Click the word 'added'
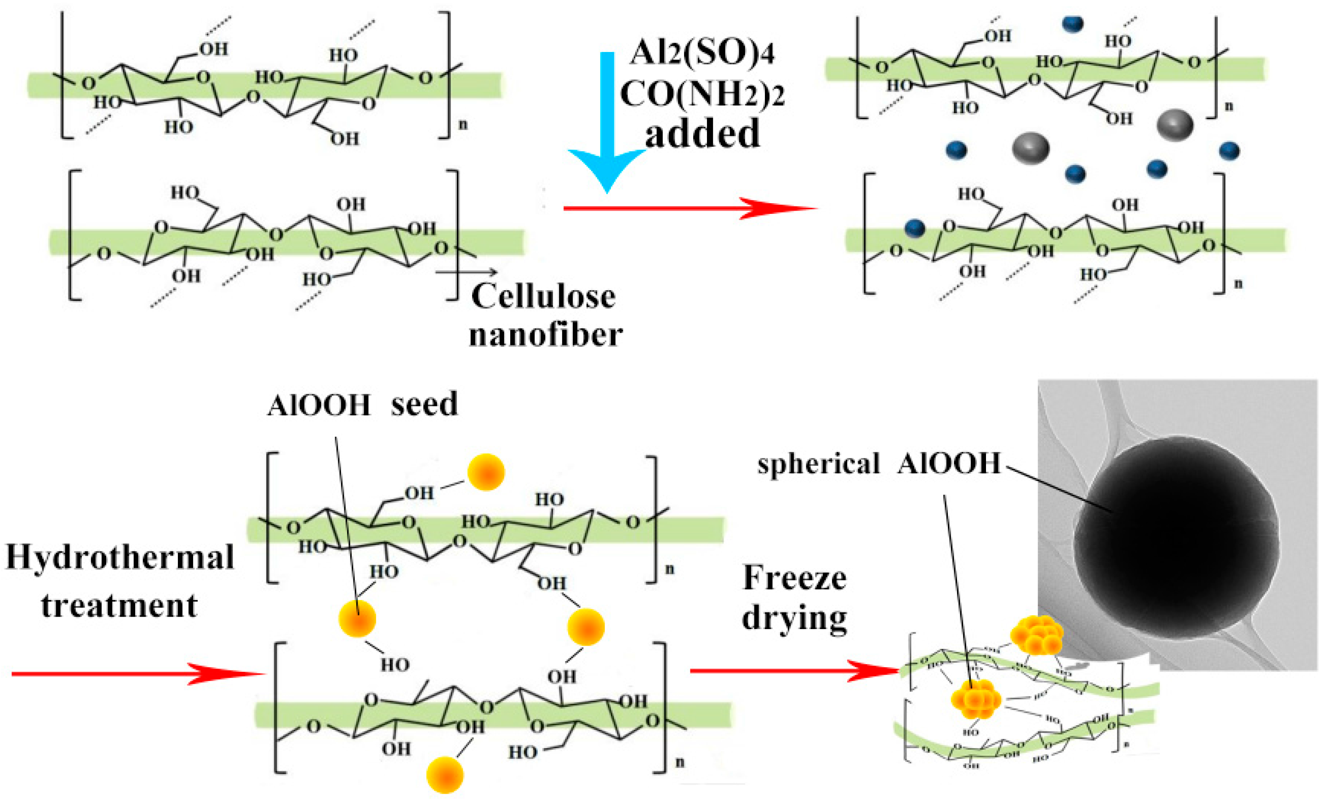tap(702, 134)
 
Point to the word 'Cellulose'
tap(543, 297)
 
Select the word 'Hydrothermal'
tap(120, 558)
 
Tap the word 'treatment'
tap(120, 605)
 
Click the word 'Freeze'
tap(794, 579)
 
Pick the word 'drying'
tap(794, 619)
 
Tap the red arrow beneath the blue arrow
tap(690, 208)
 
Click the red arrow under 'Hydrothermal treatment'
tap(137, 674)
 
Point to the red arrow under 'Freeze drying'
tap(792, 671)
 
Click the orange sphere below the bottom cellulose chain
tap(445, 775)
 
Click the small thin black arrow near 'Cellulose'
tap(466, 272)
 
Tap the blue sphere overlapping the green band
tap(915, 229)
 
